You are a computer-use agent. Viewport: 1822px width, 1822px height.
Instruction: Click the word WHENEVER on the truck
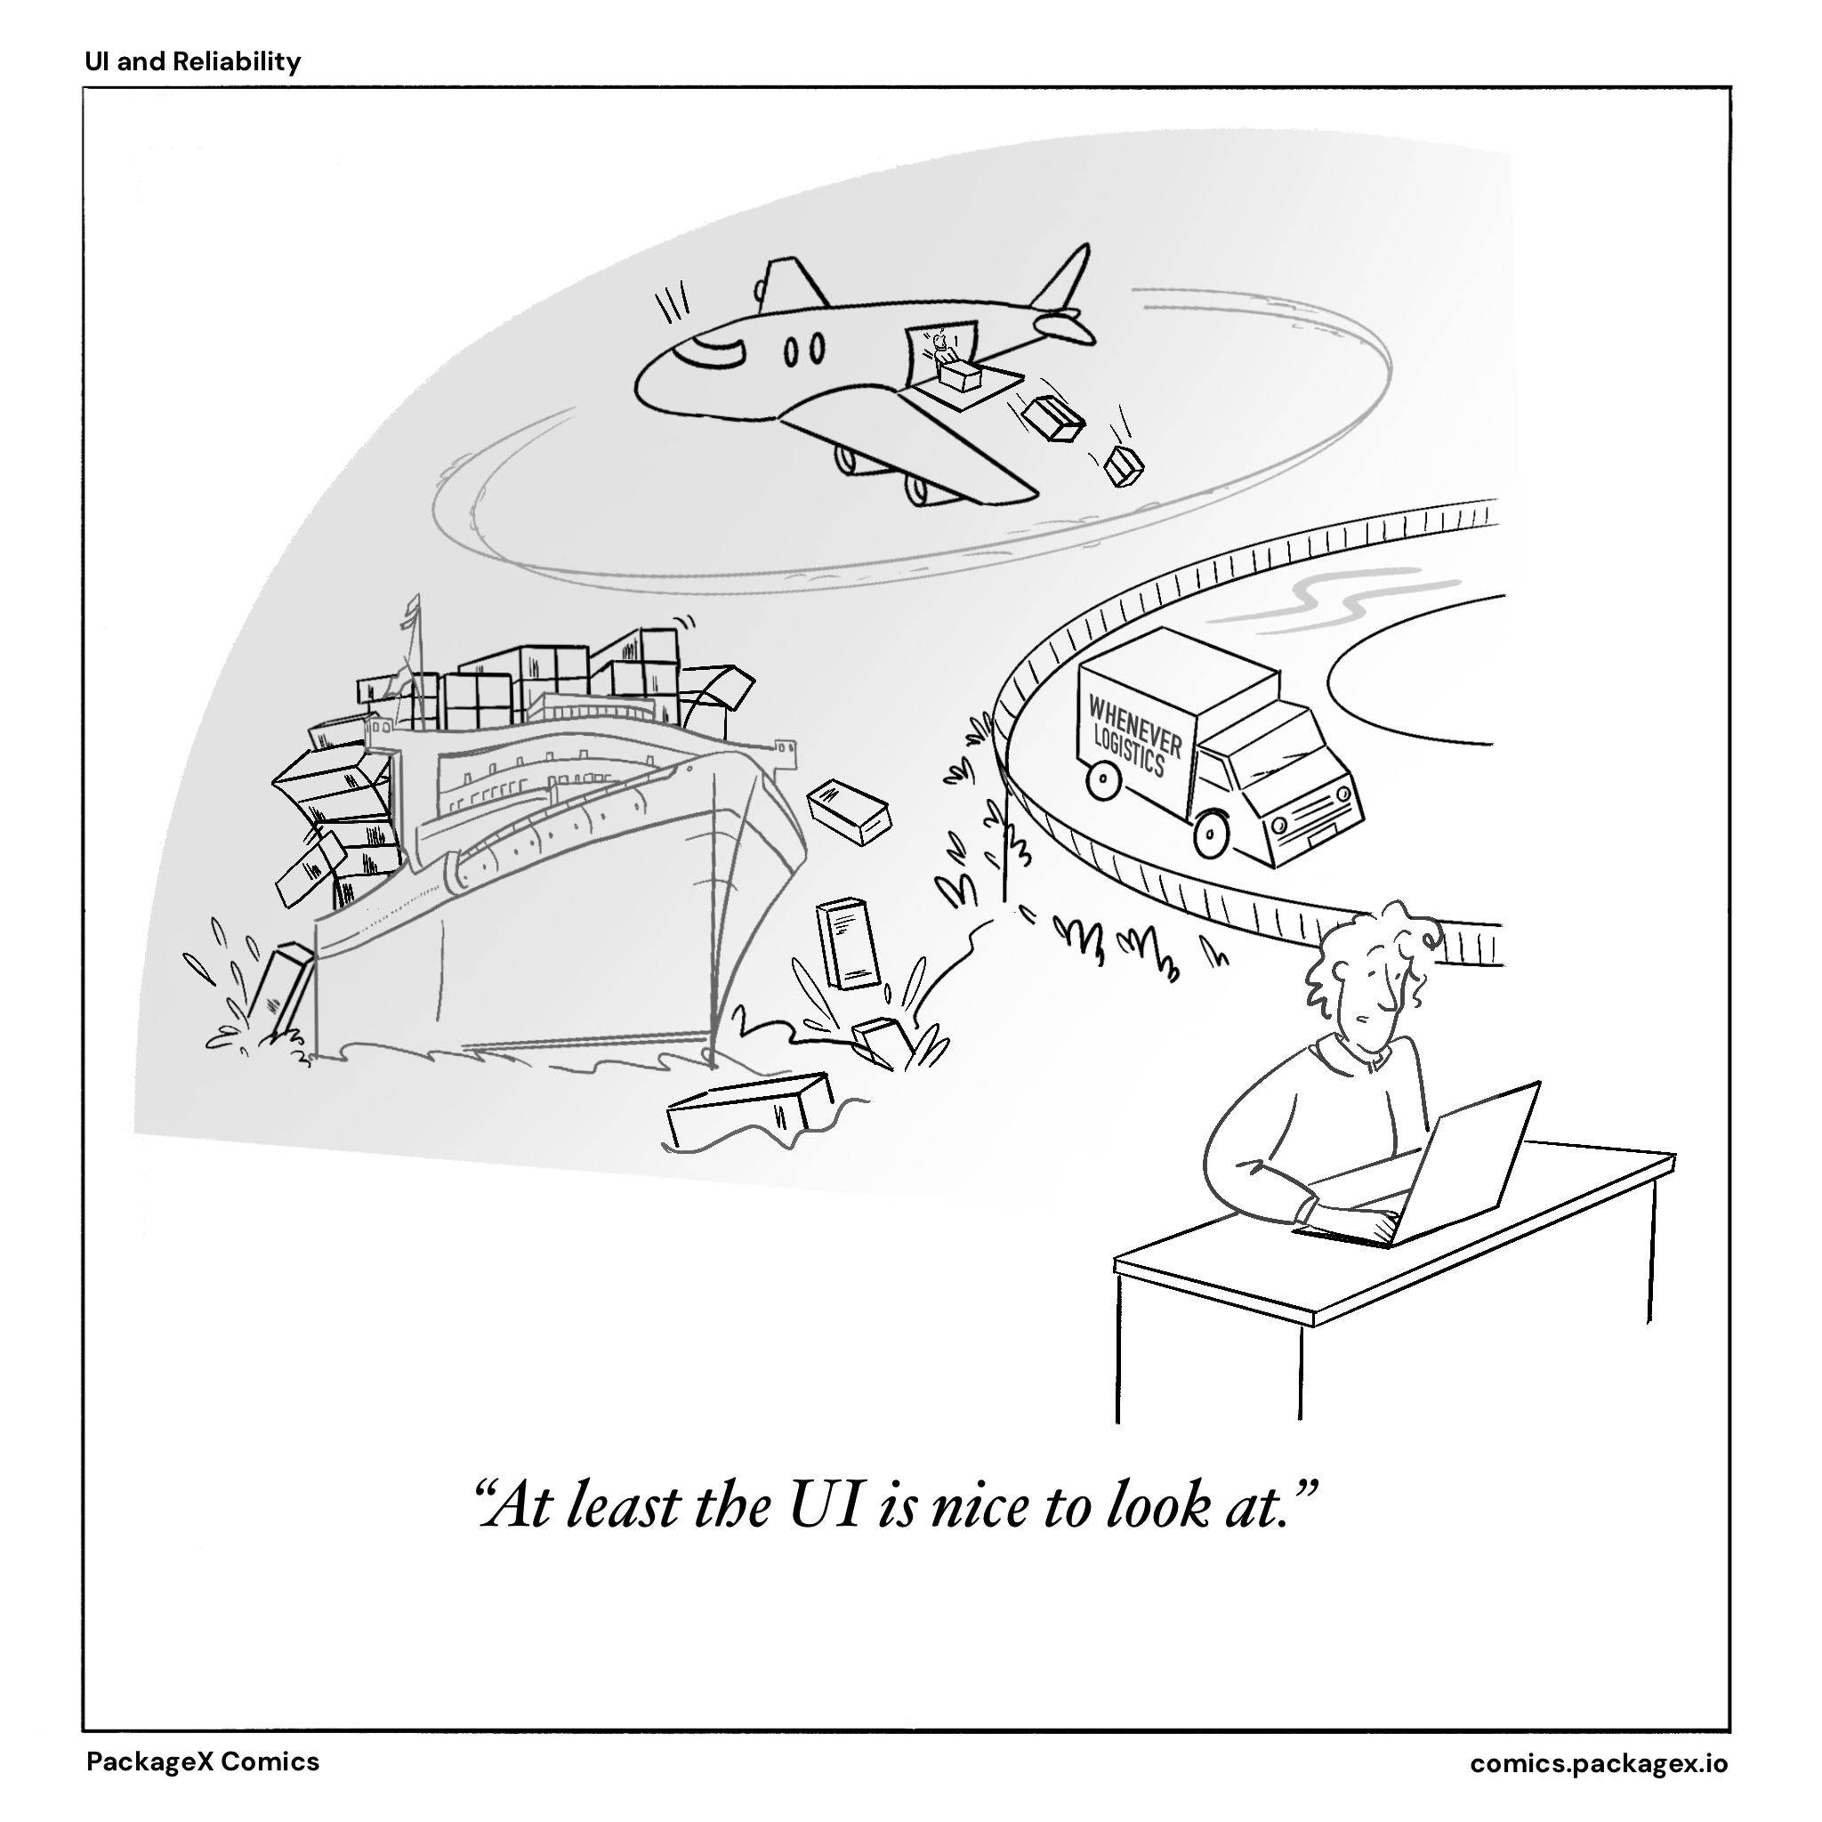coord(1134,724)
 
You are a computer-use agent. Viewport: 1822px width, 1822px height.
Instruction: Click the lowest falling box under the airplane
coord(1124,466)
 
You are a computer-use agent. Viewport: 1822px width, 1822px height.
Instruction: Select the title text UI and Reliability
coord(192,62)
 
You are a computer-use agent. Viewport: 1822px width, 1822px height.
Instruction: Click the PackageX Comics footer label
coord(203,1762)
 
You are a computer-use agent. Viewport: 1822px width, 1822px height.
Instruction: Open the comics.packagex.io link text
coord(1599,1762)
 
